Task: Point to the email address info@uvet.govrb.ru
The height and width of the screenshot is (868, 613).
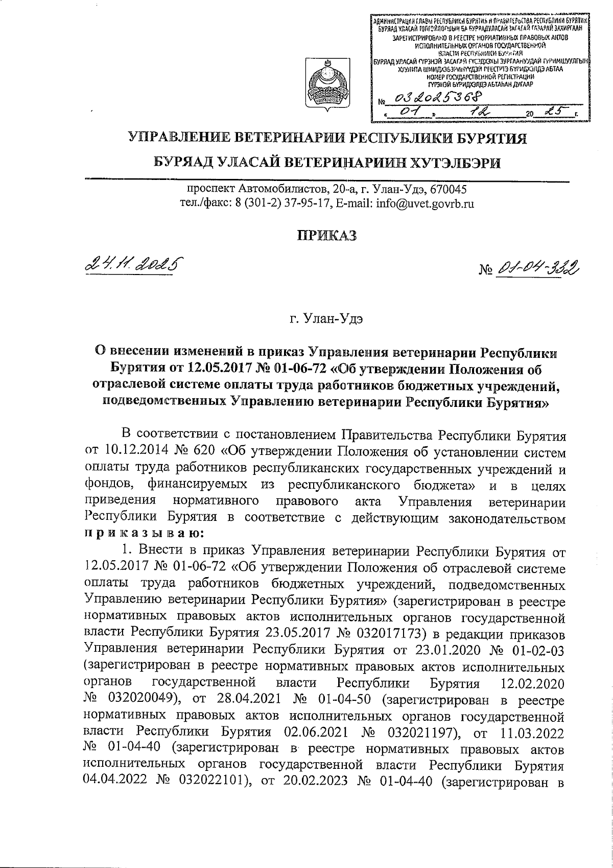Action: coord(425,203)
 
